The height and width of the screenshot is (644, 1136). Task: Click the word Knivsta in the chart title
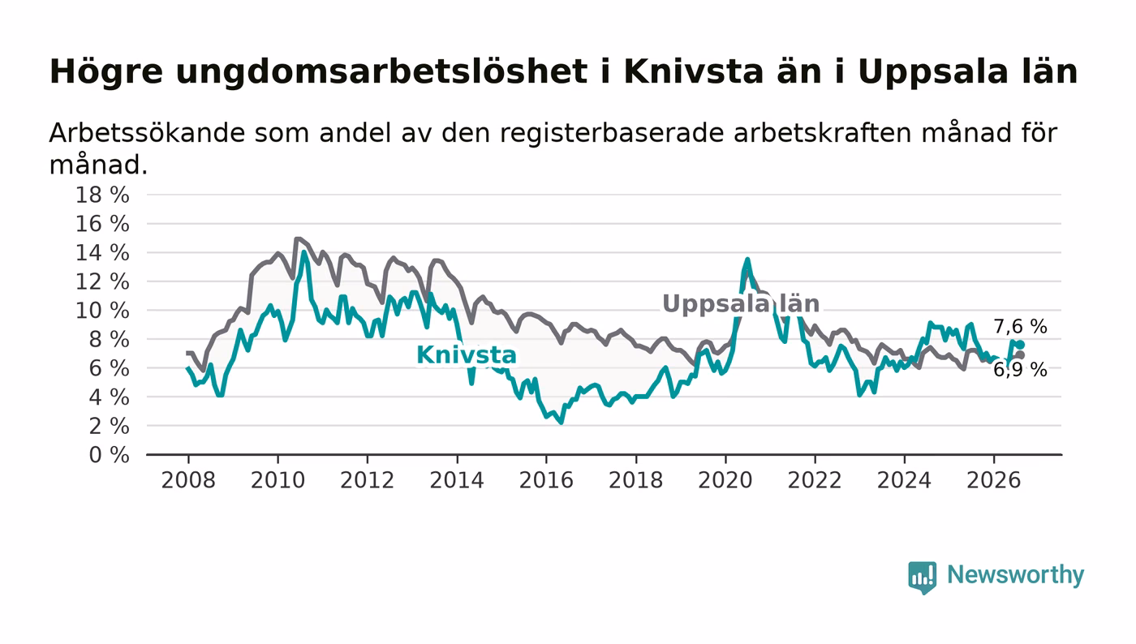(x=693, y=71)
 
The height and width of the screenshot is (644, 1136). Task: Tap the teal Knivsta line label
(x=466, y=355)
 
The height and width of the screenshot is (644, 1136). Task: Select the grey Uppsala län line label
(x=741, y=303)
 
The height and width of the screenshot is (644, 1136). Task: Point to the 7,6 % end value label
(x=1020, y=327)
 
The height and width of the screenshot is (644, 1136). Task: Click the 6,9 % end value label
(x=1020, y=370)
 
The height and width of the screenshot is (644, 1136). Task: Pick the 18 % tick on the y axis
(x=102, y=195)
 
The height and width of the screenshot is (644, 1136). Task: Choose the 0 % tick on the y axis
(x=109, y=455)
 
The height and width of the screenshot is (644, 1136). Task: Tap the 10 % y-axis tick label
(x=102, y=311)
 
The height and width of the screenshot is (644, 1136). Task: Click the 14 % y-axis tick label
(x=102, y=252)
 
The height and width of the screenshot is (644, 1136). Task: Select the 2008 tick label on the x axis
(x=188, y=480)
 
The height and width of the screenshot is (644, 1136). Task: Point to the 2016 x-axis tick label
(x=546, y=480)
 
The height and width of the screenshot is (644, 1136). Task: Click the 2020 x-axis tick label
(x=725, y=480)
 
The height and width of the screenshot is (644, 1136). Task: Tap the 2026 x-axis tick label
(x=993, y=480)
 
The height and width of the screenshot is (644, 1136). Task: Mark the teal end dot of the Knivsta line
(x=1021, y=345)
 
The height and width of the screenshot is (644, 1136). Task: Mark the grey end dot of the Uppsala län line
(x=1021, y=355)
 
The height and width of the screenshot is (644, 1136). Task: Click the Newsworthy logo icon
(x=922, y=577)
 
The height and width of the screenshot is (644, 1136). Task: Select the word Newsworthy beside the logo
(x=1015, y=575)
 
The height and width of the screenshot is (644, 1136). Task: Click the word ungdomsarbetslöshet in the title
(x=381, y=71)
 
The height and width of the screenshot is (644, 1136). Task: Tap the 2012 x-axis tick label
(x=367, y=480)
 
